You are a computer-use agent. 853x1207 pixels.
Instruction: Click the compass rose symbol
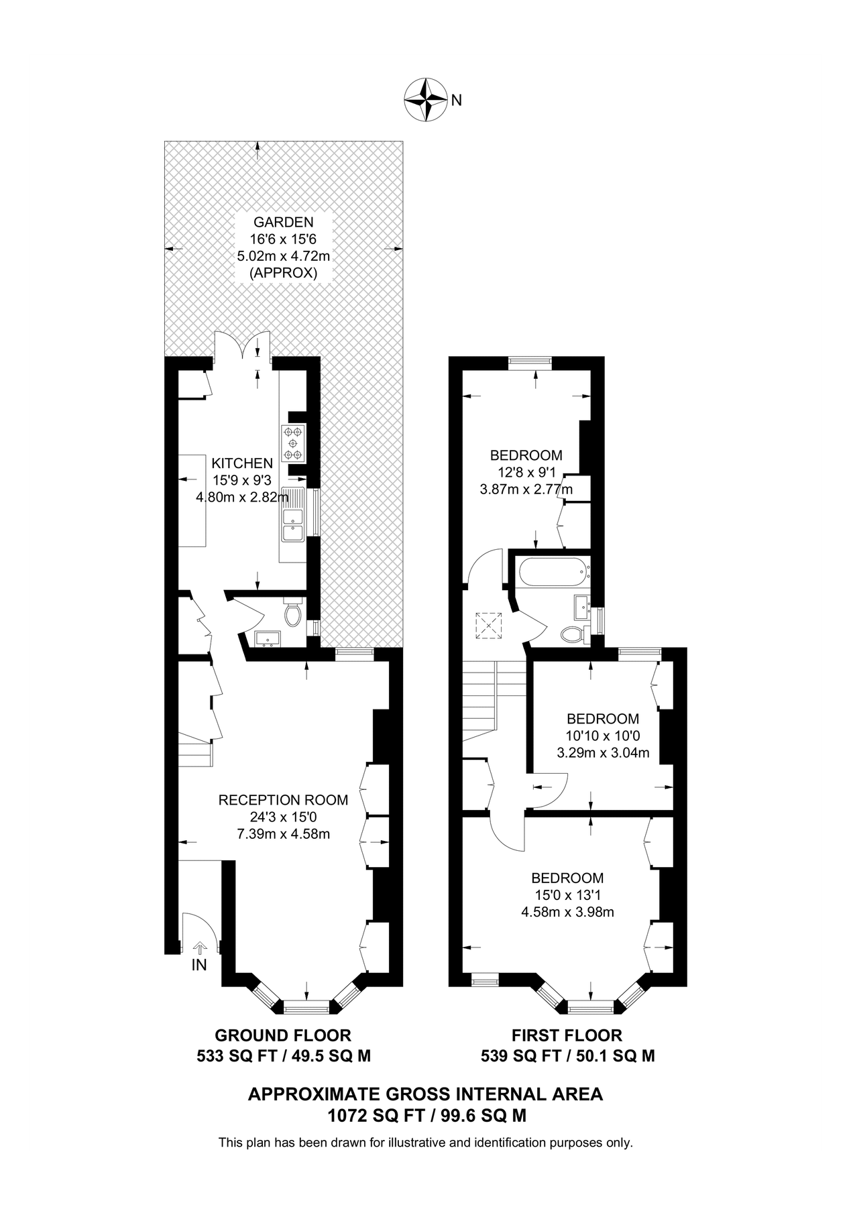point(426,101)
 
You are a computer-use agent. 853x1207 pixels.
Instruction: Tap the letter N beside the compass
point(456,101)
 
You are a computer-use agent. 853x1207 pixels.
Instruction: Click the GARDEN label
point(283,222)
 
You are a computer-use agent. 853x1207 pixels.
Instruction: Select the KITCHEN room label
point(242,463)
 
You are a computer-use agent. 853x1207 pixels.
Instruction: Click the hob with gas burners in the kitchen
point(293,444)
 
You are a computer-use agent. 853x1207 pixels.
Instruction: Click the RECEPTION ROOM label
point(283,800)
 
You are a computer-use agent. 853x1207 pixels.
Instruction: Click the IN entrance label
point(199,965)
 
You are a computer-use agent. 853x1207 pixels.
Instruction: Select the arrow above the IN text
point(199,947)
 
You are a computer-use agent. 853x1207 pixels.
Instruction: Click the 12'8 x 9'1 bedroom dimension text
point(526,473)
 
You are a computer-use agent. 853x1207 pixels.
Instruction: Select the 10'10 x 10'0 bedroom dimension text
point(602,736)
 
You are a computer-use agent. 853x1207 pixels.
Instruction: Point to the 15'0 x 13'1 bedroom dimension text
point(567,895)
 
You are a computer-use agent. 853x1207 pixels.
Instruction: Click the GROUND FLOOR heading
point(282,1035)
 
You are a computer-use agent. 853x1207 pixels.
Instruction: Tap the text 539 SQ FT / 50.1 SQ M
point(567,1057)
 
